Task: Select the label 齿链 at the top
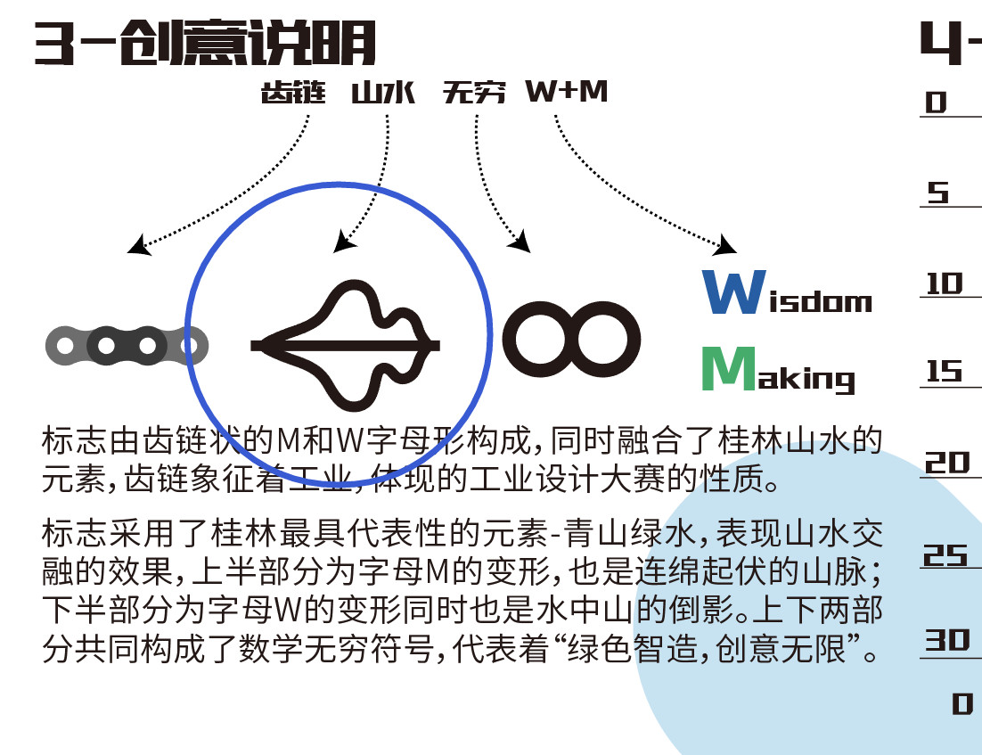293,93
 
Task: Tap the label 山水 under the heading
384,93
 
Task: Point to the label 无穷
474,93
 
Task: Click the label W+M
566,91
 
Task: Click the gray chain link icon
127,345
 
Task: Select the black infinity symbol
571,339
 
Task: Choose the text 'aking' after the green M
810,379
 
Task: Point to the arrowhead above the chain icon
138,244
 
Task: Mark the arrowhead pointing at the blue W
726,244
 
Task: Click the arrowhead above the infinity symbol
521,241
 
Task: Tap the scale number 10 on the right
945,284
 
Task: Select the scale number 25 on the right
945,555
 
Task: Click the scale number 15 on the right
945,372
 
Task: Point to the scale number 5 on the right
937,193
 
